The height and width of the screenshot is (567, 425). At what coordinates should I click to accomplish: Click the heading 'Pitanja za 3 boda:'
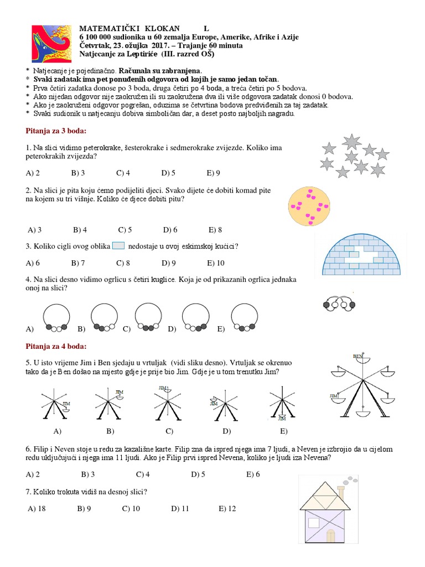(56, 131)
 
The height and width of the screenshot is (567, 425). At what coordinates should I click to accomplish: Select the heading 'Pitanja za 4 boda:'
(56, 347)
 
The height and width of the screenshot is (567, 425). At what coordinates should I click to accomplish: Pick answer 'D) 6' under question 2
(170, 229)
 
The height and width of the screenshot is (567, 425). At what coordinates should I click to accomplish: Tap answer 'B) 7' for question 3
(78, 263)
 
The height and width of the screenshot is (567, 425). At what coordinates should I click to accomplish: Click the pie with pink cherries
(310, 205)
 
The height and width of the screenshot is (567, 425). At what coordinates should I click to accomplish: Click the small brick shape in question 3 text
(118, 246)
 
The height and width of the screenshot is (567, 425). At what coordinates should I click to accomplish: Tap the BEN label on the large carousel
(358, 356)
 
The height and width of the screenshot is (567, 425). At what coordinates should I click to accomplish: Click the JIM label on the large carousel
(334, 396)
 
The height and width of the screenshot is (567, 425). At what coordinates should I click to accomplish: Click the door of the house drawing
(331, 535)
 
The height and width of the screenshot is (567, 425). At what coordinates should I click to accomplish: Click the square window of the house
(314, 522)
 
